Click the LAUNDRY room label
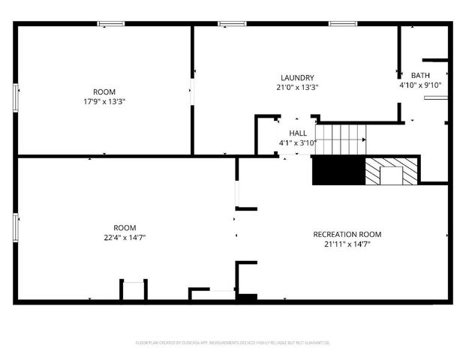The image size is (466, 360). click(297, 78)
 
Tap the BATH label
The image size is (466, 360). click(420, 75)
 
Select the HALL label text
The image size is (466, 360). click(297, 133)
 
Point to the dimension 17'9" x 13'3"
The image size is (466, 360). click(104, 101)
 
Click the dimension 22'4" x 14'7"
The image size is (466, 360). click(125, 237)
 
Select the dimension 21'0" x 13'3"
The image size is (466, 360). click(297, 87)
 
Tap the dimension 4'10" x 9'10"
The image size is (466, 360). click(420, 85)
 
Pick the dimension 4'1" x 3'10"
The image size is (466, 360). click(297, 142)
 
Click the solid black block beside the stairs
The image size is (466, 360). click(338, 172)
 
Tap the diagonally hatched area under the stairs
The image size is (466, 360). click(372, 172)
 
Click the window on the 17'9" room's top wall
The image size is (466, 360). click(111, 24)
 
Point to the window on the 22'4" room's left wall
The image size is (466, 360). click(15, 227)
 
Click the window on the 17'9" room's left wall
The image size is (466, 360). click(15, 98)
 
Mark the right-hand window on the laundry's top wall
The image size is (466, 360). click(341, 24)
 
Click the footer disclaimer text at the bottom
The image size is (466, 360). click(233, 342)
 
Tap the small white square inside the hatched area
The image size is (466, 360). click(391, 176)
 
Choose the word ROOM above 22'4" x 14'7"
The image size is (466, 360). click(125, 228)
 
